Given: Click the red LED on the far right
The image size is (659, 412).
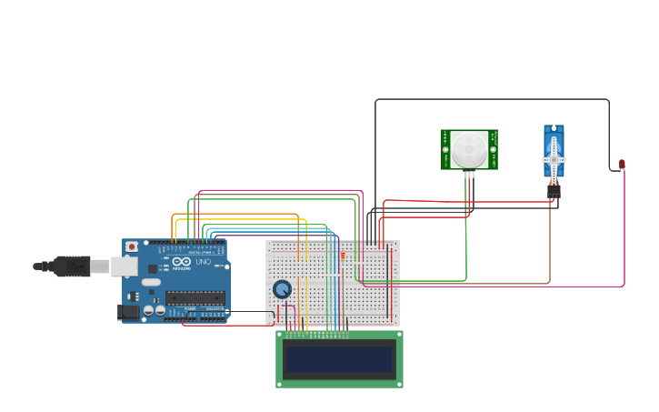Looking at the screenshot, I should point(622,165).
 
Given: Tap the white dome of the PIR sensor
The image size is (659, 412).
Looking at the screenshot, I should point(470,148).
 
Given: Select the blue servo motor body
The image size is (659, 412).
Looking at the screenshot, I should point(554,151).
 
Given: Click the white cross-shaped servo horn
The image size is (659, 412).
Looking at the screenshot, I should point(554,159).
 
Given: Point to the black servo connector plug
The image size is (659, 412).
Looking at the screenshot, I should point(554,191).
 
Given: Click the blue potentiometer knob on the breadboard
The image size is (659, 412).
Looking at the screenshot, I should point(283,289).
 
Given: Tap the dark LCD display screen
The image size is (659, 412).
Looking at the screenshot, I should point(339,359).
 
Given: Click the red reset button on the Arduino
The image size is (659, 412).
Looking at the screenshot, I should point(132,246).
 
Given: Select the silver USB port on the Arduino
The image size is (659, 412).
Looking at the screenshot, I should point(124,266).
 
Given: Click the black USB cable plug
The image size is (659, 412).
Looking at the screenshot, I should point(73,266).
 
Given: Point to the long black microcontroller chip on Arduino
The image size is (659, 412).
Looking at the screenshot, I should point(195,297).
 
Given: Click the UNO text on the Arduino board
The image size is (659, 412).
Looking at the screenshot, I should point(205,263).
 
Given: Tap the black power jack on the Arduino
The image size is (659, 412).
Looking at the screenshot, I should point(128,312).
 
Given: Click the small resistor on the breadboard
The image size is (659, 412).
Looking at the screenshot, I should point(343,256).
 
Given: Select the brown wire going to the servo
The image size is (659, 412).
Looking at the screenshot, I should point(550,246).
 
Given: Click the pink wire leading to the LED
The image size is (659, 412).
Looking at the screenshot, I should point(624,236).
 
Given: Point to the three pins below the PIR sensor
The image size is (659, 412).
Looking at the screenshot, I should point(469,175).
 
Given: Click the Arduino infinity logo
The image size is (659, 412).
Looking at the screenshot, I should point(181,262).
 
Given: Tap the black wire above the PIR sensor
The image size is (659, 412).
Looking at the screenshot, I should point(491,99).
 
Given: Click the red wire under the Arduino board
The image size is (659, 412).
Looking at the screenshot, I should point(227,326).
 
